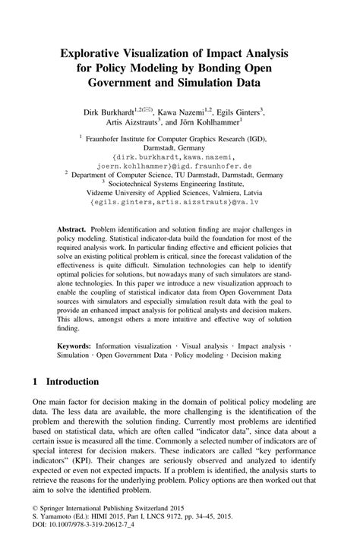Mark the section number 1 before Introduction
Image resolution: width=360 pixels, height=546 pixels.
point(36,381)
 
